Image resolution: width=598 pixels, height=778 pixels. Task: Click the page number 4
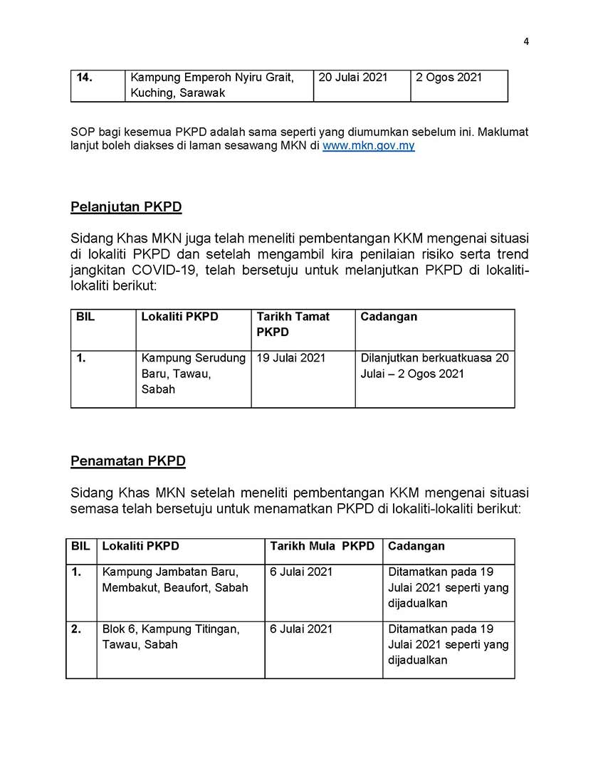coord(526,41)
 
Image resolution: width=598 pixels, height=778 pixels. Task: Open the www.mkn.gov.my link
coord(368,145)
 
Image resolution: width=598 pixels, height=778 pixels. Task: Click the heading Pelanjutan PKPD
coord(126,207)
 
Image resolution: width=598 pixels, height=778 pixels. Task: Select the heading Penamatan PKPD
coord(128,461)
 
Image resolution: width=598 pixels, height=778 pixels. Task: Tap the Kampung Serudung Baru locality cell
coord(193,374)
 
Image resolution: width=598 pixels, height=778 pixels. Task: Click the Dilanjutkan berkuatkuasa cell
coord(434,366)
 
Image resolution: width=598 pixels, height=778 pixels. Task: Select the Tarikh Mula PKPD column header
coord(322,547)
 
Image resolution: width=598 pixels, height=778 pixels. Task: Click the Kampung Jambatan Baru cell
coord(175,580)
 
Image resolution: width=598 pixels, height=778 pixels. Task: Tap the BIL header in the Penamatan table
coord(80,547)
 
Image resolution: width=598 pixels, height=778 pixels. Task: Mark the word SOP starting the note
coord(83,132)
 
